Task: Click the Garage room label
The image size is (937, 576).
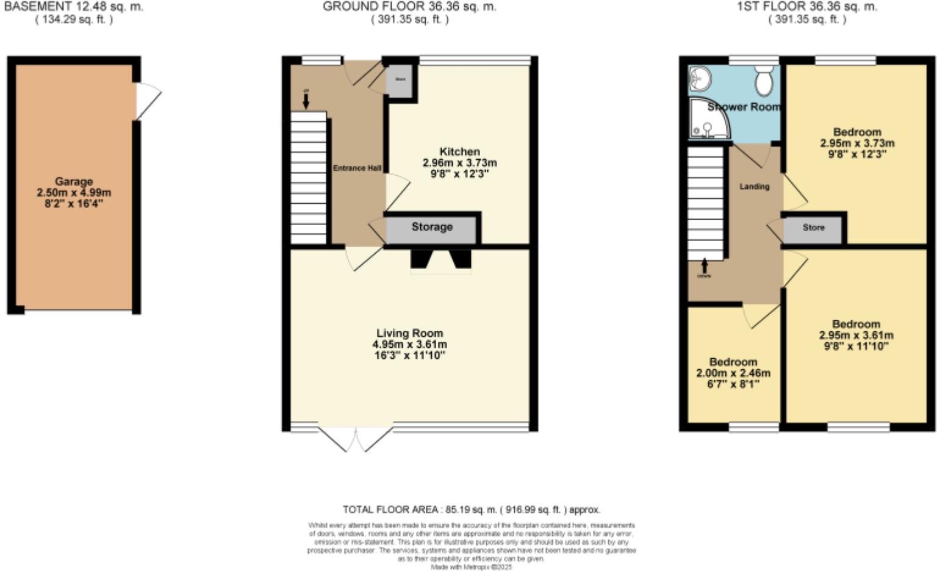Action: (74, 181)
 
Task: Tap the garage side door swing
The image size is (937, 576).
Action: (148, 101)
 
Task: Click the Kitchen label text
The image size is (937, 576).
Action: (459, 151)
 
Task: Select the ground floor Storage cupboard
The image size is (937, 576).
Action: (431, 228)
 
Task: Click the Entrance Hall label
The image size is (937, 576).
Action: (357, 168)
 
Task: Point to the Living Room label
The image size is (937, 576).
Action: (409, 333)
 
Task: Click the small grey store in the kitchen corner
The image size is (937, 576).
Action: (400, 81)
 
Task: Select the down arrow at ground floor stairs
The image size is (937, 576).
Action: (306, 100)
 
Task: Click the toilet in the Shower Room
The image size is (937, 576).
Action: (764, 79)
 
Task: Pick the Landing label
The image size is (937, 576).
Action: (754, 186)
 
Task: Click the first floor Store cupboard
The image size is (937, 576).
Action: (813, 228)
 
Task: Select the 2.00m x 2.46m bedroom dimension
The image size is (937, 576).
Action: (733, 373)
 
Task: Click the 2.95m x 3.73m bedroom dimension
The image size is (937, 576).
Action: (857, 143)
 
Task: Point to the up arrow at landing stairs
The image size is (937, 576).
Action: (705, 266)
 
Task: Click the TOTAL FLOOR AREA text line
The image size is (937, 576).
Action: (471, 509)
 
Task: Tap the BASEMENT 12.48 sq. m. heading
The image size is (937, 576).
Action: (74, 7)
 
